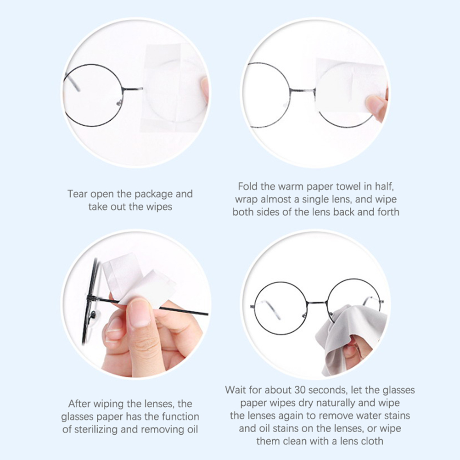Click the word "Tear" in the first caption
(x=78, y=194)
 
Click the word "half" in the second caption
(x=384, y=186)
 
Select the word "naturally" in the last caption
(x=335, y=403)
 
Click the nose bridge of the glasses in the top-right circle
(x=302, y=90)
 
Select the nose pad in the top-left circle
(x=119, y=102)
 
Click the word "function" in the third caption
(x=180, y=416)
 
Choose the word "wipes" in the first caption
(x=159, y=207)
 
